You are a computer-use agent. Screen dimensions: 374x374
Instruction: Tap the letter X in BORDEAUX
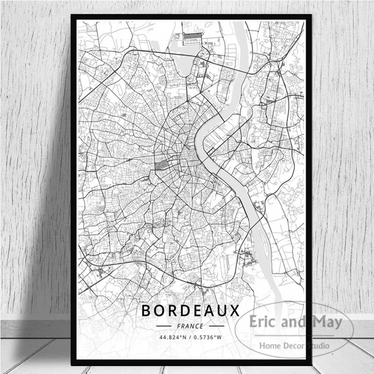coord(234,310)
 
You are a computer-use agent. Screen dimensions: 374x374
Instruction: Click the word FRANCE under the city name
coord(190,326)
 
